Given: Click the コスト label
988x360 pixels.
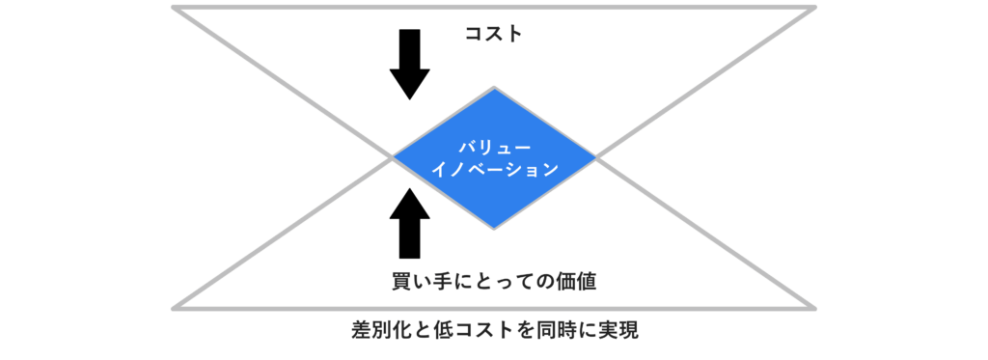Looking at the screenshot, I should [x=493, y=34].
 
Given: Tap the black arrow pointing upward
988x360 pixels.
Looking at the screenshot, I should [x=410, y=223].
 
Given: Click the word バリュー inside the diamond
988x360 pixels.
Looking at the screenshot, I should [x=494, y=144].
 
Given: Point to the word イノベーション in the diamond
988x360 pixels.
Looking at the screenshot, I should [x=494, y=169].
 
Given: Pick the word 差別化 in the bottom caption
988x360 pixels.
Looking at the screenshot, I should [x=379, y=330].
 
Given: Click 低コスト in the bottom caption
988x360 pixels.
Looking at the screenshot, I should [x=463, y=330].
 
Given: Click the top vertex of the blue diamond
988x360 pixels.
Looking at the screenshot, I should [x=494, y=88].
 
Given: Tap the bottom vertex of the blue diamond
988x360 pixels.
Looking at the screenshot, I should [x=494, y=228].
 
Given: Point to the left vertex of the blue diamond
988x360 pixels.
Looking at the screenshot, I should [x=393, y=156].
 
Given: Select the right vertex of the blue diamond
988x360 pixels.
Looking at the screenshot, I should [x=595, y=156].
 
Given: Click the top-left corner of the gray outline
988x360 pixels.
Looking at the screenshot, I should [x=174, y=8].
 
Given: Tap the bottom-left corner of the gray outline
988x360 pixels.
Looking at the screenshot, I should [x=174, y=308].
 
